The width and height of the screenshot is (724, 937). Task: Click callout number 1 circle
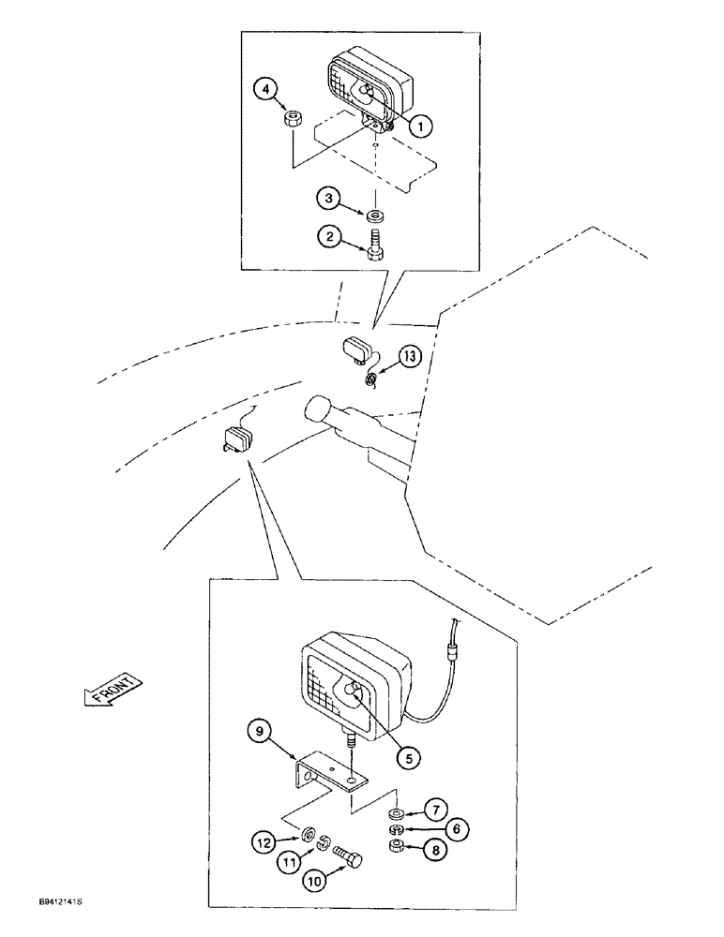pos(422,125)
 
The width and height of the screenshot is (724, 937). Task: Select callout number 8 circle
pos(433,852)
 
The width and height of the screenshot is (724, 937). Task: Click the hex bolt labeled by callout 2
pos(375,247)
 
